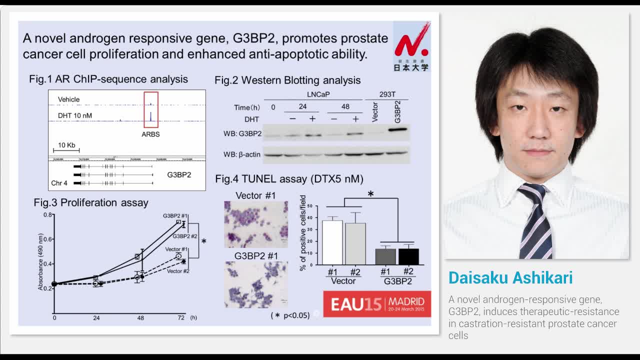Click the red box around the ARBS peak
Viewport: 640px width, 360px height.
pyautogui.click(x=150, y=109)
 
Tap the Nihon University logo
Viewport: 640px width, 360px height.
pyautogui.click(x=411, y=46)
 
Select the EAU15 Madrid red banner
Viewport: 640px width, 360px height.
pyautogui.click(x=377, y=303)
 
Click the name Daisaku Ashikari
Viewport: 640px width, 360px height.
pyautogui.click(x=510, y=278)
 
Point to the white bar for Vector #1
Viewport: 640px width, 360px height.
pyautogui.click(x=332, y=242)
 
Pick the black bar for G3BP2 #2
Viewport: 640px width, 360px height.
pyautogui.click(x=408, y=256)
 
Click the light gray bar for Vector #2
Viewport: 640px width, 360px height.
pyautogui.click(x=355, y=243)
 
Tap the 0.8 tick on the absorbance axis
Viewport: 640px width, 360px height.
pyautogui.click(x=47, y=215)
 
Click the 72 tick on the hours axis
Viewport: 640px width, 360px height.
pyautogui.click(x=180, y=318)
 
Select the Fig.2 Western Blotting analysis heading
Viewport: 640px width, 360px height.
pyautogui.click(x=287, y=80)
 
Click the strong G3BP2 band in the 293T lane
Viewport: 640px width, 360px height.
pyautogui.click(x=397, y=130)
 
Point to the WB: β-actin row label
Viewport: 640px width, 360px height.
pyautogui.click(x=242, y=154)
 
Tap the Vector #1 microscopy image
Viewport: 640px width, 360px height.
pyautogui.click(x=256, y=224)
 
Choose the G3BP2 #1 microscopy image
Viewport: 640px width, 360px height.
pyautogui.click(x=256, y=284)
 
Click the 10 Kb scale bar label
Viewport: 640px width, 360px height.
pyautogui.click(x=66, y=145)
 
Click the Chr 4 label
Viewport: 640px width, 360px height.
pyautogui.click(x=59, y=183)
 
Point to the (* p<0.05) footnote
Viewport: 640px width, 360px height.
pyautogui.click(x=290, y=315)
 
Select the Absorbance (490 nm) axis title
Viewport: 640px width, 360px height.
pyautogui.click(x=41, y=261)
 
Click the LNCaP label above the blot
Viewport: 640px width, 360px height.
pyautogui.click(x=318, y=94)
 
